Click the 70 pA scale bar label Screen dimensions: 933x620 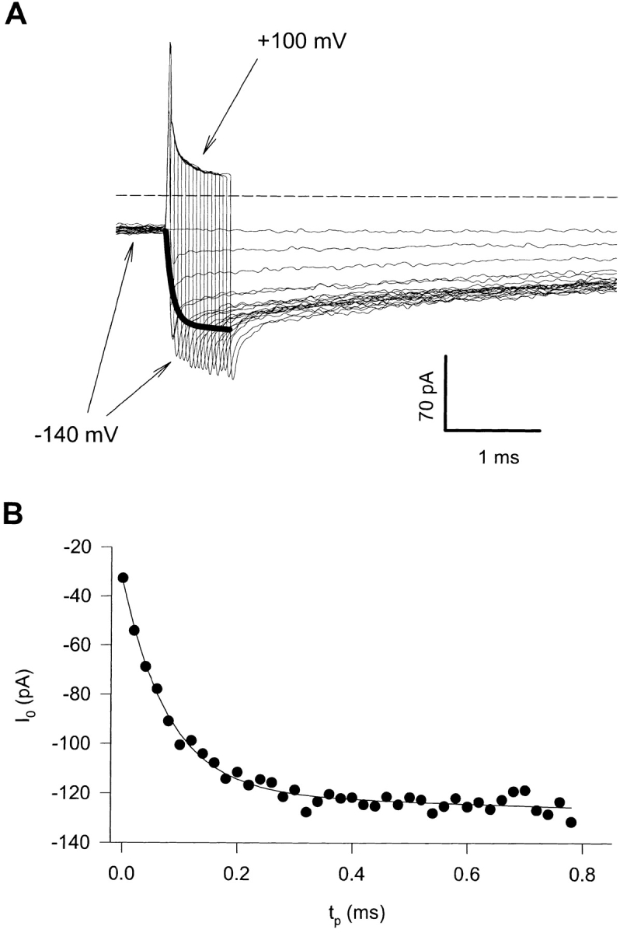426,397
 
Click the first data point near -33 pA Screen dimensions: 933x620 123,578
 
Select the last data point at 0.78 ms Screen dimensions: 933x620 571,822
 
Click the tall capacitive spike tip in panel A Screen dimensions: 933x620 169,43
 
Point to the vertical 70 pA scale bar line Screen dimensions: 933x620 445,392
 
